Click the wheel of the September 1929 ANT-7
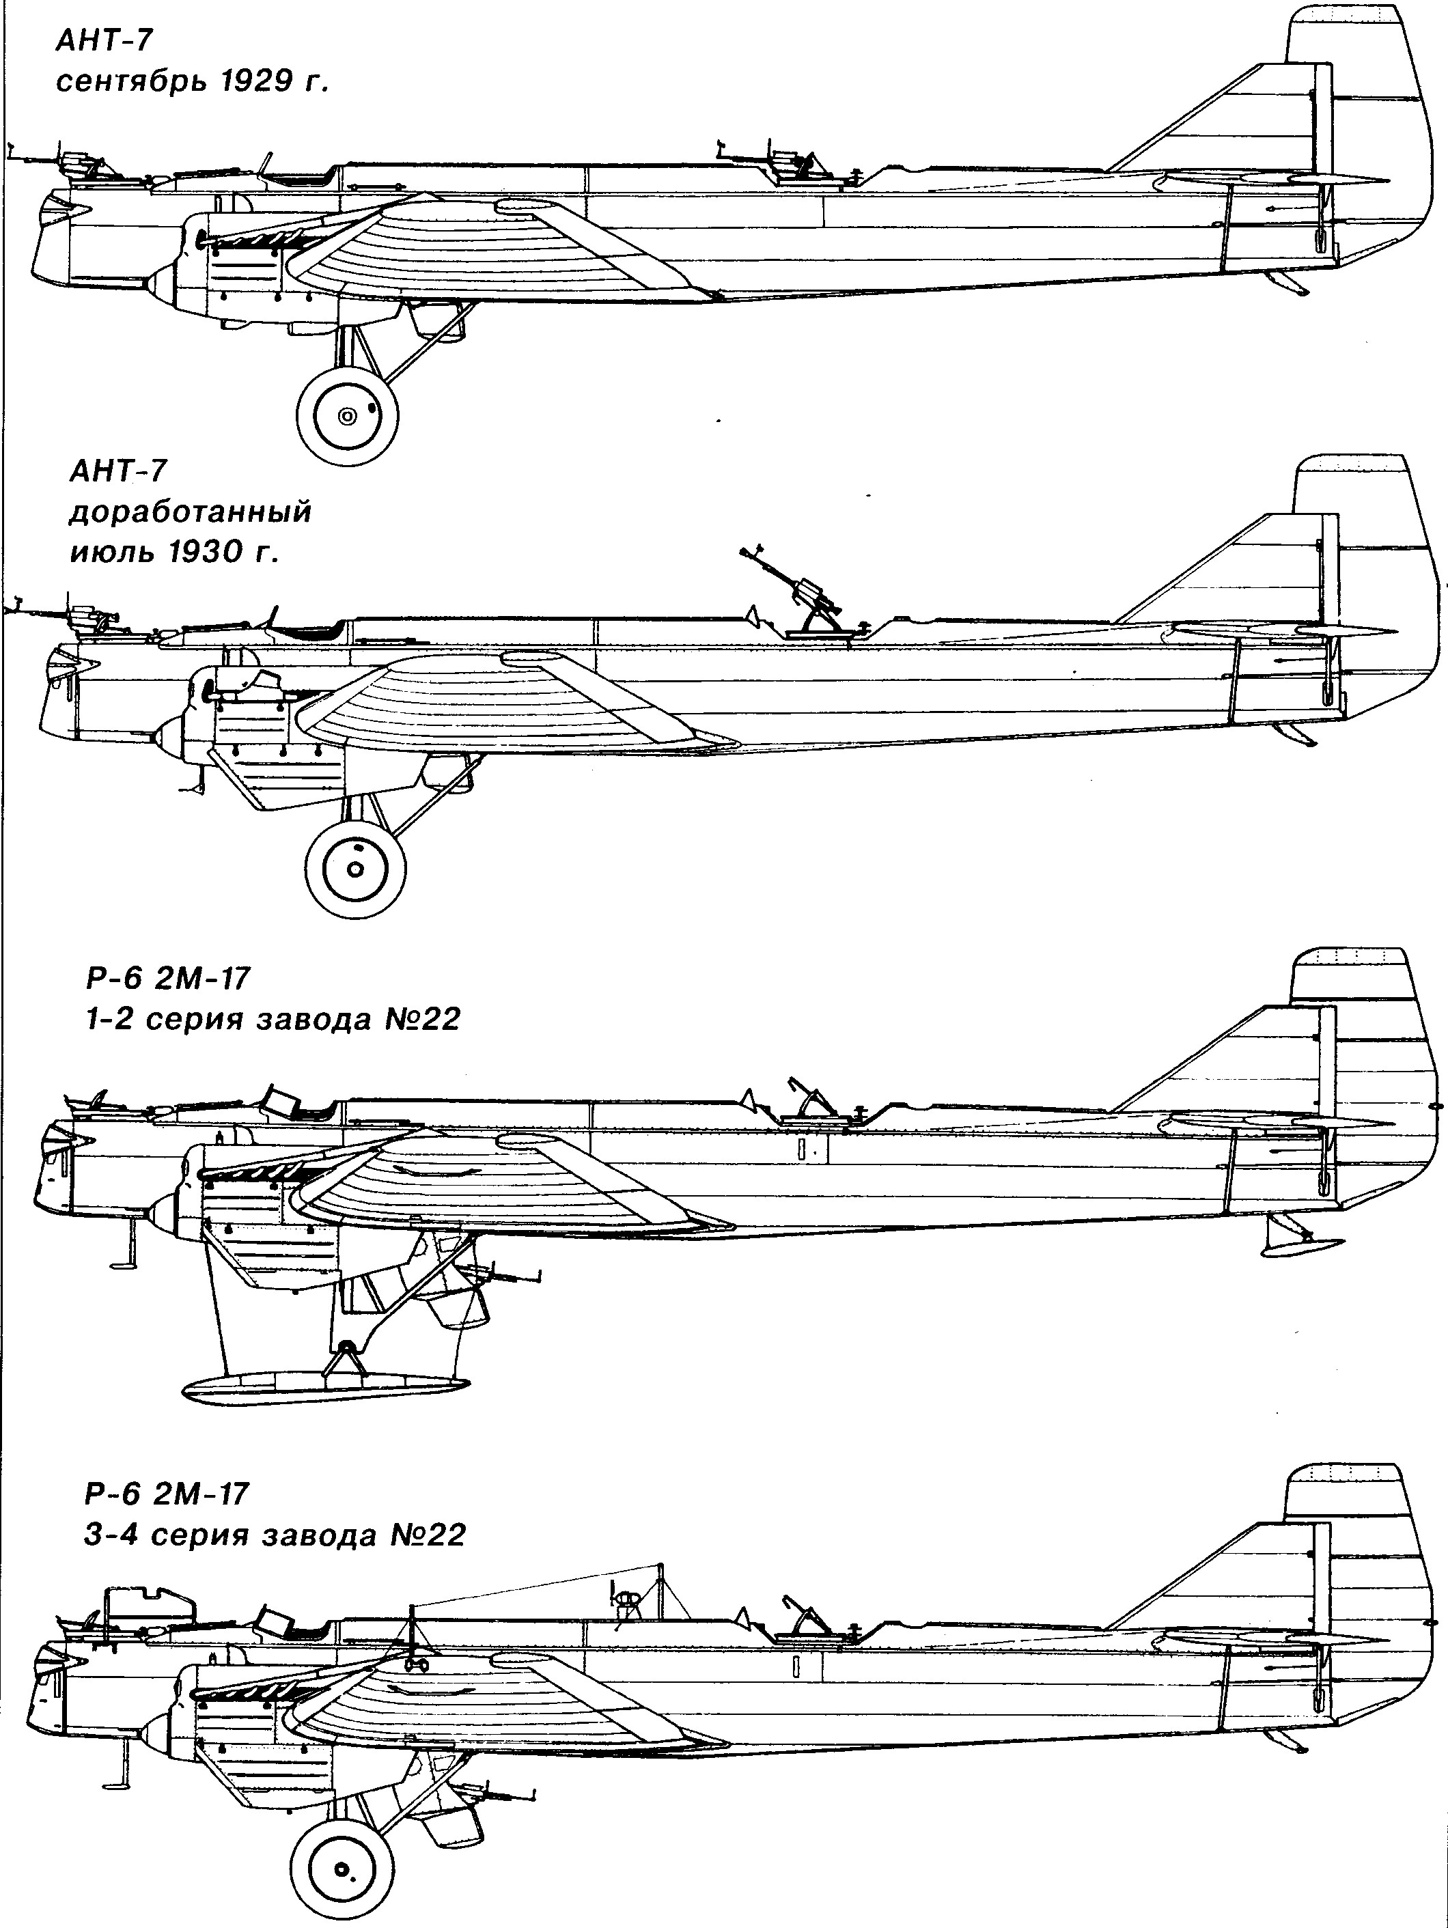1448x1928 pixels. point(348,416)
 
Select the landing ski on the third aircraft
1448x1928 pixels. point(324,1386)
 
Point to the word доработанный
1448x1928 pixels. point(189,512)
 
